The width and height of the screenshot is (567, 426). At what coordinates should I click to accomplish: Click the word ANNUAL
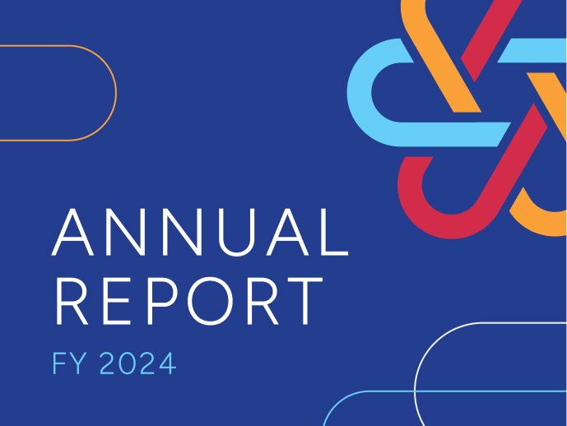tap(200, 232)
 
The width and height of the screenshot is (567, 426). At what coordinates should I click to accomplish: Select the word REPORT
tap(189, 301)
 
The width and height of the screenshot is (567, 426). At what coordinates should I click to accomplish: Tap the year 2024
tap(137, 363)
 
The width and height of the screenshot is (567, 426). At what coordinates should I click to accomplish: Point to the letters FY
tap(70, 363)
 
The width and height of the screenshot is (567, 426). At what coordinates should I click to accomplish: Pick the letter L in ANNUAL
tap(334, 232)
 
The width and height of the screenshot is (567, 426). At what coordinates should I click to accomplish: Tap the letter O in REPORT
tap(211, 301)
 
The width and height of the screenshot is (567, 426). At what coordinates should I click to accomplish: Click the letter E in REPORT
tap(116, 301)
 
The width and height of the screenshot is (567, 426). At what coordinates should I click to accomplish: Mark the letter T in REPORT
tap(305, 301)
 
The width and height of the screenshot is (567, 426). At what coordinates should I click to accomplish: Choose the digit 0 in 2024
tap(128, 363)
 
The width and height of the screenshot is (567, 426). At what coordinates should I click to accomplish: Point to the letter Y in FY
tap(78, 363)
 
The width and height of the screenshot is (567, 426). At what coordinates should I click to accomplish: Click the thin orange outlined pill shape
tap(116, 93)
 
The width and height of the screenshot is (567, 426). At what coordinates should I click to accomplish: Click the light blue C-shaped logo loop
tap(360, 92)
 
